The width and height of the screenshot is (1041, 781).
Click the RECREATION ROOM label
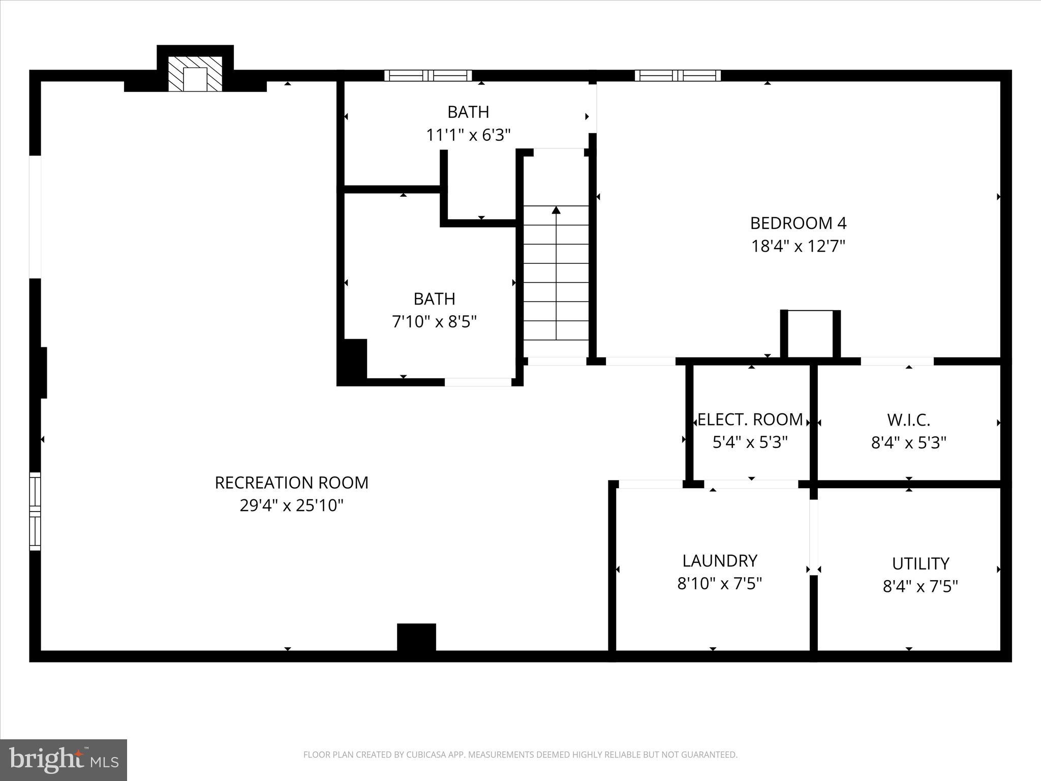291,483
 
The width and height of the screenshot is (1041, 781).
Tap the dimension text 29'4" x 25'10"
291,506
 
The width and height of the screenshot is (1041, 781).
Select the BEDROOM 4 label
798,223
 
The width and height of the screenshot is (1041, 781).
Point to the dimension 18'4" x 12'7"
798,247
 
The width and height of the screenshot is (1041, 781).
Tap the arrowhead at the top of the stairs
556,209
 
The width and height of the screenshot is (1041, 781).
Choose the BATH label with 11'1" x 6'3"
468,112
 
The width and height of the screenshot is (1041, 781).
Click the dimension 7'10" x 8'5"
434,322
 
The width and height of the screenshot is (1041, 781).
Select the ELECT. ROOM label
750,419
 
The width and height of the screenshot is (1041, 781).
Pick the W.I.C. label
908,420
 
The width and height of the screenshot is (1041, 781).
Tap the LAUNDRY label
719,561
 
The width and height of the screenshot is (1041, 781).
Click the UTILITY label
920,564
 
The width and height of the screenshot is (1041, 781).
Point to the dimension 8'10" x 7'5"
719,584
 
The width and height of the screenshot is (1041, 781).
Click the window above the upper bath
427,76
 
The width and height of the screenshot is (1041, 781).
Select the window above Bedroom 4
678,76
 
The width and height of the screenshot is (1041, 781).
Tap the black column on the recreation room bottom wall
416,637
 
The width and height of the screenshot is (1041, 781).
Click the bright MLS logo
64,760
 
